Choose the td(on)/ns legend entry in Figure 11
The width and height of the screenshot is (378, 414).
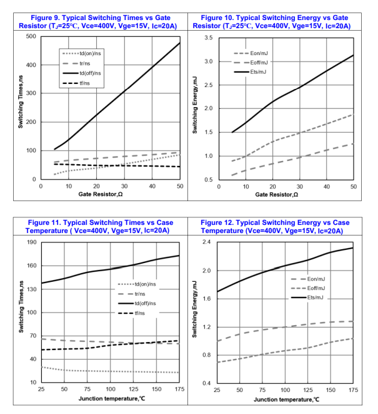point(143,284)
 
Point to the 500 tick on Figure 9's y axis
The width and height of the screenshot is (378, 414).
point(31,36)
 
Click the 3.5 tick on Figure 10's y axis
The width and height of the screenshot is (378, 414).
point(210,39)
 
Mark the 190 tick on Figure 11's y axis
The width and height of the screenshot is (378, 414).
point(31,242)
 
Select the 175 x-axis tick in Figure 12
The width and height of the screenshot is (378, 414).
point(353,390)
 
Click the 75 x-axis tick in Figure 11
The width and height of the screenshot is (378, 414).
point(87,390)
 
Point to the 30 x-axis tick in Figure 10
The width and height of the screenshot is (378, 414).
point(298,187)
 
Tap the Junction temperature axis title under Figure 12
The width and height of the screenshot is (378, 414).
point(286,399)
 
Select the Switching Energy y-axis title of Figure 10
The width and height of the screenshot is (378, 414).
point(195,109)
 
